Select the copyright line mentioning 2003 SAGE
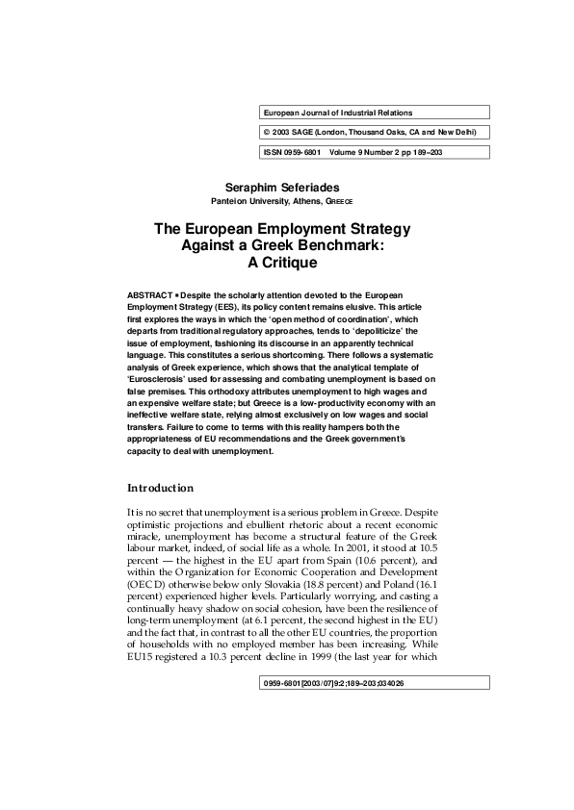(x=370, y=132)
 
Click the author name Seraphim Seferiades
(x=282, y=185)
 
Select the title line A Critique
(x=282, y=262)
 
